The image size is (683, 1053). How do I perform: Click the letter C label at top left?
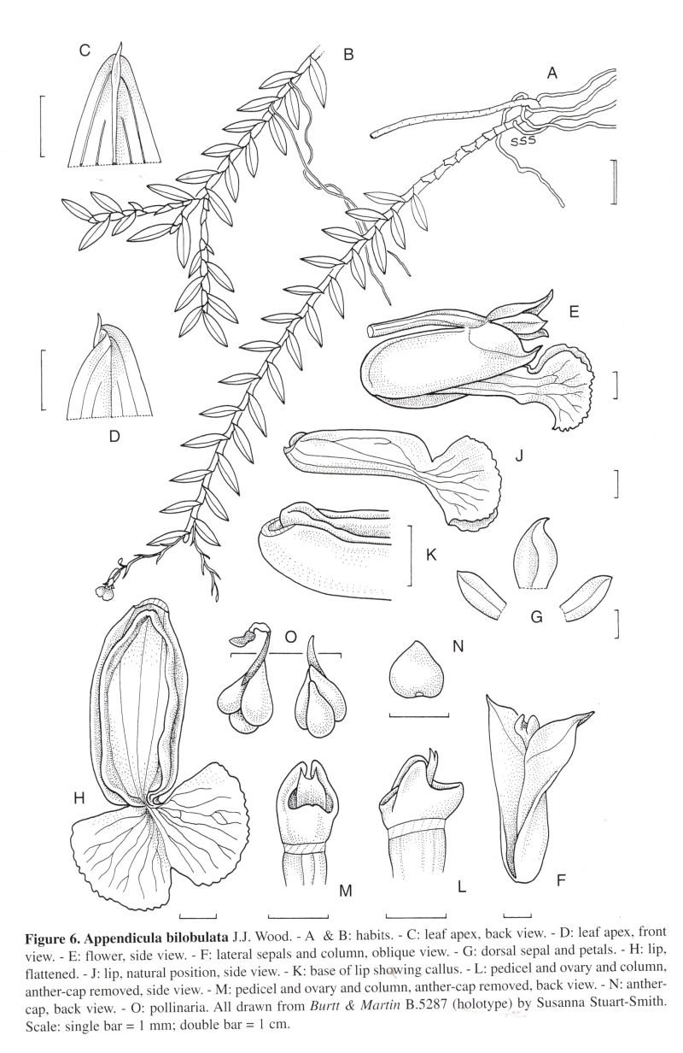85,50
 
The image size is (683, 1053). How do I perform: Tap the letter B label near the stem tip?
347,55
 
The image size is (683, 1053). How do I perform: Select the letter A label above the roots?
552,73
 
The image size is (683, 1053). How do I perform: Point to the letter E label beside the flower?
573,313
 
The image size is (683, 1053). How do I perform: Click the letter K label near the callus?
431,556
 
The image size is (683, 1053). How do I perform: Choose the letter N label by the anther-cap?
458,646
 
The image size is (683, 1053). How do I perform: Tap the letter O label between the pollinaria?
291,637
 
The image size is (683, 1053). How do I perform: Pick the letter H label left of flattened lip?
79,797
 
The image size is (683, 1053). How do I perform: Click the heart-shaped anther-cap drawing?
417,679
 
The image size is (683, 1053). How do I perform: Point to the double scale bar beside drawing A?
614,181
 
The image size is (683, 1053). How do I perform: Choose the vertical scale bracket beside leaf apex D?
44,379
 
